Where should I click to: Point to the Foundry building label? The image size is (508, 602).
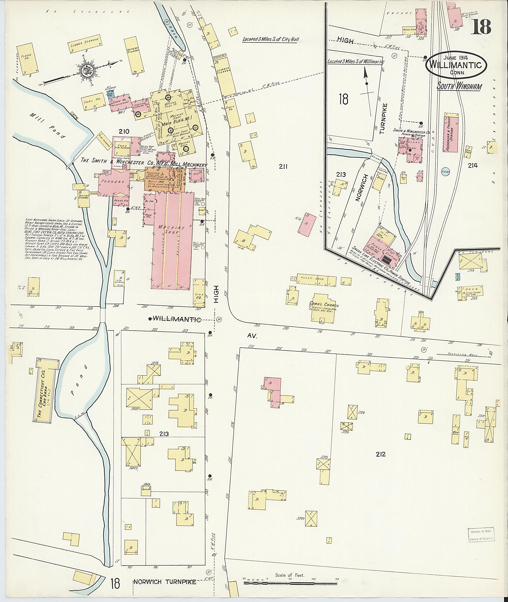click(114, 182)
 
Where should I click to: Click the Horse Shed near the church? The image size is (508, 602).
click(316, 279)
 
